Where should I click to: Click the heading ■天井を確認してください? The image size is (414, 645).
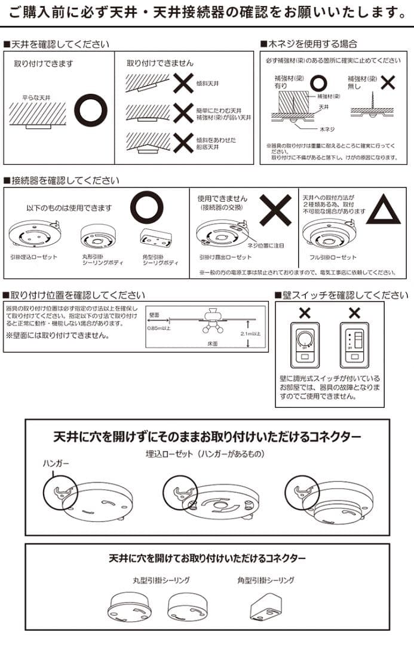click(56, 44)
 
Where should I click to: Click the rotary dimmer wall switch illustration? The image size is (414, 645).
click(305, 346)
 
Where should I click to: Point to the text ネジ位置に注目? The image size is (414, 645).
click(266, 245)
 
